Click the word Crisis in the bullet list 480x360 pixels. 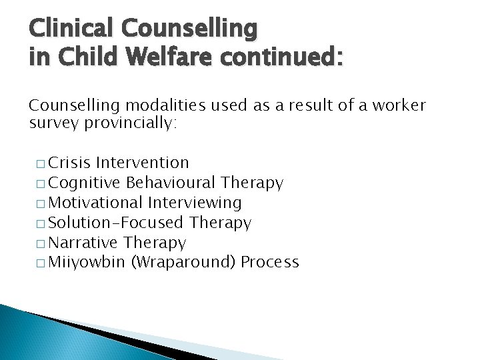click(70, 163)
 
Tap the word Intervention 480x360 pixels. click(143, 163)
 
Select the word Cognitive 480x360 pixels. click(85, 183)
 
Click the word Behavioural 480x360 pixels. click(172, 183)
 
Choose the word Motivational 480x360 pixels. click(97, 203)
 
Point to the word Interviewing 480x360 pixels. click(195, 203)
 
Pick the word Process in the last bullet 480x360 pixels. click(270, 263)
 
